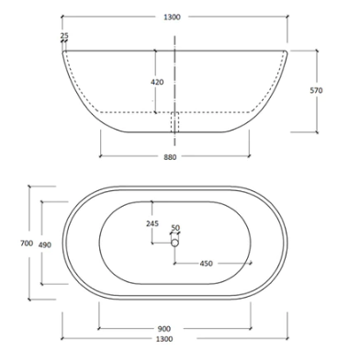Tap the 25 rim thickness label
[63, 36]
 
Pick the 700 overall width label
[13, 243]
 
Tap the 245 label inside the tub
[152, 223]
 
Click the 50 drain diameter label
[175, 228]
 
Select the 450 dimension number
[207, 265]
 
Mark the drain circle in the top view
[174, 244]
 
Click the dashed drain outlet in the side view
[174, 122]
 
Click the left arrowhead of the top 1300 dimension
[63, 17]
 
